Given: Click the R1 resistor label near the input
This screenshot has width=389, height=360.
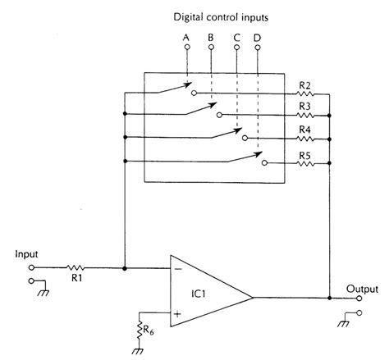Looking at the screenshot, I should click(x=76, y=280).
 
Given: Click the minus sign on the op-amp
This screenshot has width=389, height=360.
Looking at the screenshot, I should click(x=176, y=268).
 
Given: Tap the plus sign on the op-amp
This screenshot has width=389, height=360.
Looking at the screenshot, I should click(x=176, y=312).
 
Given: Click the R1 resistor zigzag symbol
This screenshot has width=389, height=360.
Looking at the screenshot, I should click(x=76, y=267).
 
